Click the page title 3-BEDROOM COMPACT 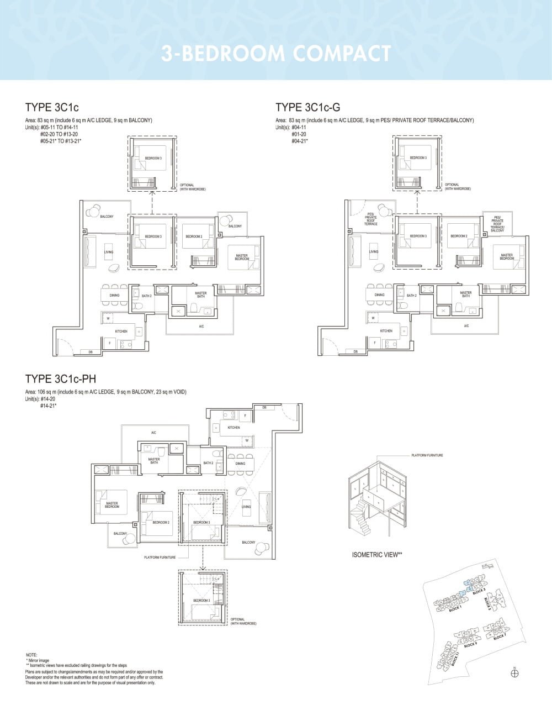point(276,54)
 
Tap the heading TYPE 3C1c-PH point(61,378)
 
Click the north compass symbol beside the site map point(515,673)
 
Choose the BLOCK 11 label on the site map point(455,660)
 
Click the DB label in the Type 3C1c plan point(90,351)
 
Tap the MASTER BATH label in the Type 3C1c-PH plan point(154,460)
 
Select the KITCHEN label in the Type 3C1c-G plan point(386,331)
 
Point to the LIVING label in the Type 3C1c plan point(109,252)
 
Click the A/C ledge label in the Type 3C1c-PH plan point(153,433)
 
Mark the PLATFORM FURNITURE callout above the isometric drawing point(427,455)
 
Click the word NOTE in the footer point(31,655)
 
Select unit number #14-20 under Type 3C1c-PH point(48,398)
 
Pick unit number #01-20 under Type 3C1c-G point(299,134)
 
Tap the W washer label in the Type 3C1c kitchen point(108,318)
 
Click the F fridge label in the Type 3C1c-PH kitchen point(245,414)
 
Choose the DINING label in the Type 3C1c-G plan point(379,295)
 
